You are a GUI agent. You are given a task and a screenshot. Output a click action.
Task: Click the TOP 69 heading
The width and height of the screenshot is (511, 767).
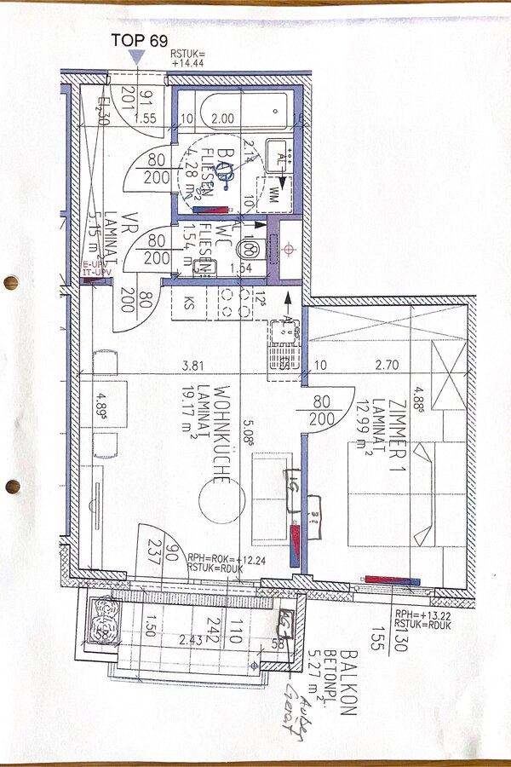point(141,40)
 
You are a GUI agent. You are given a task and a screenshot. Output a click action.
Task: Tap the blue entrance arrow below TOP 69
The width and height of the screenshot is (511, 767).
point(136,56)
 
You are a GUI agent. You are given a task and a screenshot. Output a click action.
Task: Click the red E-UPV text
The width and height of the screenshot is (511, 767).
point(95,266)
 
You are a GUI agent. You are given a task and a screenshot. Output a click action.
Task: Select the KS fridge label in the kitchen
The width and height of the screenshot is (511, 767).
point(187,302)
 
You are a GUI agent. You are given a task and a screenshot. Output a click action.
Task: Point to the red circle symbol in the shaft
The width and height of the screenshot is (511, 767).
point(289,249)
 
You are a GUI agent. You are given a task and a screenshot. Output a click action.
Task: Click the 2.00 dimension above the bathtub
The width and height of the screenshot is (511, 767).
point(223,118)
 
